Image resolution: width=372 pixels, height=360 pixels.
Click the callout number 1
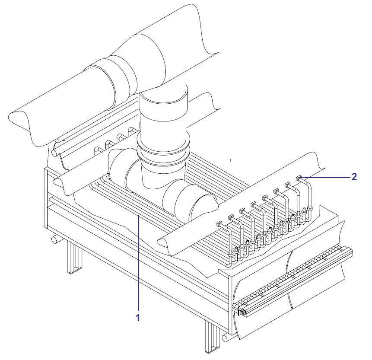click(x=138, y=317)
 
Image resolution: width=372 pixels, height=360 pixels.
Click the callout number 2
click(x=354, y=177)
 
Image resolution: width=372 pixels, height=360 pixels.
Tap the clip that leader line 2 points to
click(x=299, y=177)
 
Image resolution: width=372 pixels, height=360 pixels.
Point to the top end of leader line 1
click(x=138, y=215)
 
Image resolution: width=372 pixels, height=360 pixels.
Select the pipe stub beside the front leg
click(x=227, y=338)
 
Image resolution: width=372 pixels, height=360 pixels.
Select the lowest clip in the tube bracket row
click(x=219, y=223)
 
